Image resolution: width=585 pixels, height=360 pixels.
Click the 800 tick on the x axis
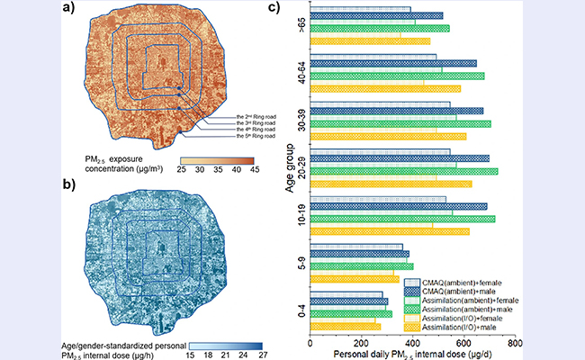(514, 343)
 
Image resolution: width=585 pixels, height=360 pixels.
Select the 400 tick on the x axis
(412, 343)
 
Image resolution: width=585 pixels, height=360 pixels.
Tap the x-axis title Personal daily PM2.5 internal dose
(412, 355)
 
